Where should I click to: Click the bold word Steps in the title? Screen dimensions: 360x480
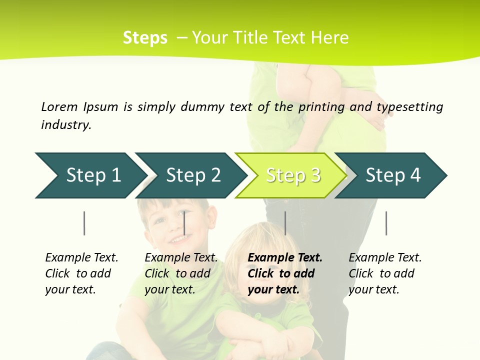tap(145, 38)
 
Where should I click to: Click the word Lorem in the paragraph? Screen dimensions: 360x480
tap(59, 107)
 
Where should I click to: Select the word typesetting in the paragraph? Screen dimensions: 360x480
tap(409, 107)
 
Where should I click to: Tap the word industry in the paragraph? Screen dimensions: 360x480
tap(66, 125)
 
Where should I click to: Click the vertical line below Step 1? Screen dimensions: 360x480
tap(84, 223)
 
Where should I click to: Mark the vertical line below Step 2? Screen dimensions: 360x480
tap(184, 223)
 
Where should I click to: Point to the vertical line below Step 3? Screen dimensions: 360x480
tap(285, 223)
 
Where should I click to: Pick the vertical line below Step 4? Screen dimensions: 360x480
tap(386, 223)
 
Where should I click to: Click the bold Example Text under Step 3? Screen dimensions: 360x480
tap(285, 258)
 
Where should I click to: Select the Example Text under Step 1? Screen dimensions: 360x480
tap(81, 258)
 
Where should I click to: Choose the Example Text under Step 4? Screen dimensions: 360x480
tap(385, 258)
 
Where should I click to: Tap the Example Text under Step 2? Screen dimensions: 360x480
tap(181, 258)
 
